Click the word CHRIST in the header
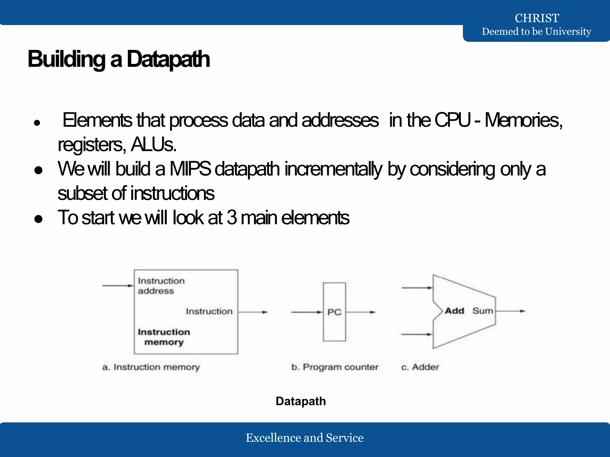537,18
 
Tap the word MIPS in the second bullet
190,169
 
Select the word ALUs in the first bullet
153,145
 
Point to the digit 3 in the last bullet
232,217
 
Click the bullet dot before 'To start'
38,219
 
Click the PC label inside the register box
334,312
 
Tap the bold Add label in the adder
455,311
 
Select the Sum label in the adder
483,311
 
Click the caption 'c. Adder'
420,367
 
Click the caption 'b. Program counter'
335,367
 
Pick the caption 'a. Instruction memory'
151,367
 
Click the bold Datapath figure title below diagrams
301,401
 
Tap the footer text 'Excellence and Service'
304,438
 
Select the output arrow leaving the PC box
360,312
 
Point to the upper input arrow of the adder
417,288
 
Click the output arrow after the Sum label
511,311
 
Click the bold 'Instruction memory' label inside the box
164,337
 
